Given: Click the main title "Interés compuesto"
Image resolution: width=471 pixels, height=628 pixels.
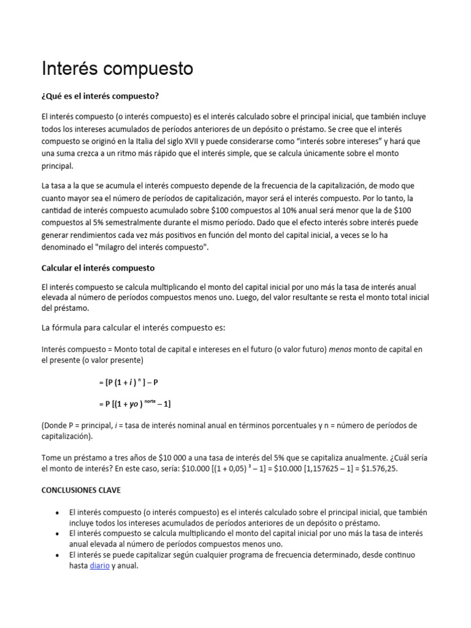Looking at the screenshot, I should pyautogui.click(x=117, y=69).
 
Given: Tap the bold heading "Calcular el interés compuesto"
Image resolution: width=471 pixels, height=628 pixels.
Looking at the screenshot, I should pyautogui.click(x=98, y=268).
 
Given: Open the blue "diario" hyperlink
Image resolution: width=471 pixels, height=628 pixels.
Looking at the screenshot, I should pyautogui.click(x=99, y=566).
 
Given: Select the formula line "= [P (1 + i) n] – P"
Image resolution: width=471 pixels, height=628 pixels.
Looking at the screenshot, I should pyautogui.click(x=128, y=382).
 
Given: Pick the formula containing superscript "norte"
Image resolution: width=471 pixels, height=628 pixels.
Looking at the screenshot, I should pyautogui.click(x=134, y=404).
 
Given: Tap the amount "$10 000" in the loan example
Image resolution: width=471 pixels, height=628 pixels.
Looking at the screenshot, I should pyautogui.click(x=172, y=457).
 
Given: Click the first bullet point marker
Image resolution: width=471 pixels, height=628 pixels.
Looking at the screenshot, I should pyautogui.click(x=57, y=512).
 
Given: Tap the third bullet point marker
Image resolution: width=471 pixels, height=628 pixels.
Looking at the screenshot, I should pyautogui.click(x=57, y=555).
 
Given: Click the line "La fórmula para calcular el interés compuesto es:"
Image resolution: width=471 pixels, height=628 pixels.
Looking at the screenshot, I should pyautogui.click(x=134, y=327).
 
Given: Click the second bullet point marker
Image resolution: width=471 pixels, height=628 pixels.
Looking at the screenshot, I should pyautogui.click(x=57, y=534).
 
